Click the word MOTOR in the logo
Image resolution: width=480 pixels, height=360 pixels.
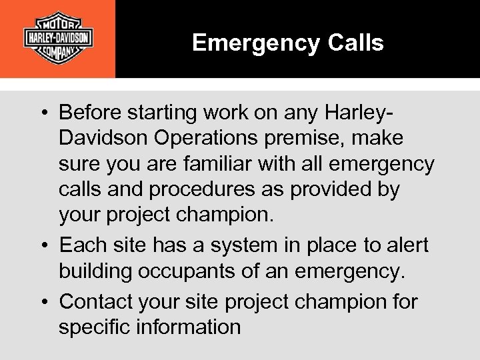pyautogui.click(x=58, y=19)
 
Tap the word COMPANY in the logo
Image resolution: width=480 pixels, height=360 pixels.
pyautogui.click(x=58, y=52)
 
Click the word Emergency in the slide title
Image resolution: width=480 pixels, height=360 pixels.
pyautogui.click(x=256, y=43)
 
